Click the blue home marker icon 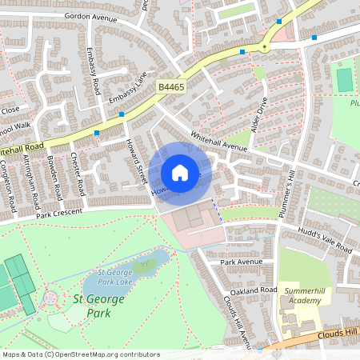tap(180, 172)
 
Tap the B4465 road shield tap(171, 86)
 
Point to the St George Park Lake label tap(113, 276)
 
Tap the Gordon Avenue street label tap(89, 16)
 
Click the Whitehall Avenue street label tap(221, 140)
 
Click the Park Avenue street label tap(241, 262)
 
